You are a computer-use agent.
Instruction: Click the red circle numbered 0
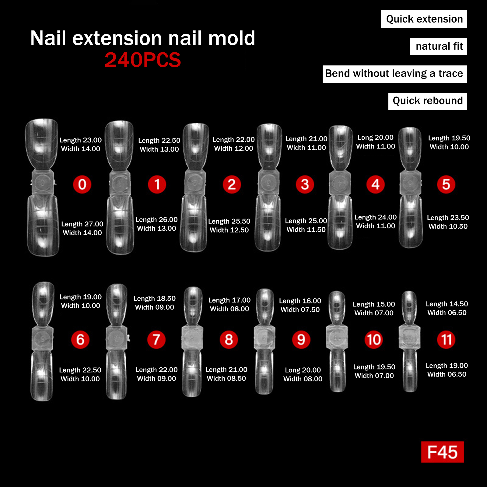[x=82, y=184]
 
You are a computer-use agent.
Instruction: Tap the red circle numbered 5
[x=446, y=184]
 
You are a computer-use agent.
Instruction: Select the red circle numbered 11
[x=446, y=339]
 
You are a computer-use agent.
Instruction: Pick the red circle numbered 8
[x=229, y=339]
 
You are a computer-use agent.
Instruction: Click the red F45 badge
[x=442, y=452]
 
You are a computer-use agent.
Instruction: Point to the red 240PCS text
[x=143, y=60]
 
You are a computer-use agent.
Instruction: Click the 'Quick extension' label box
[x=424, y=19]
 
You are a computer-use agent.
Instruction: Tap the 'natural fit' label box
[x=438, y=46]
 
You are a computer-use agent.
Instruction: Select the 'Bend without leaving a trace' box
[x=395, y=74]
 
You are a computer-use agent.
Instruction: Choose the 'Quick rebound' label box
[x=428, y=101]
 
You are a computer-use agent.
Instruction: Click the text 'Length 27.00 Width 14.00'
[x=82, y=228]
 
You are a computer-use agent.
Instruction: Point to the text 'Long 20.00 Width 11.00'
[x=376, y=142]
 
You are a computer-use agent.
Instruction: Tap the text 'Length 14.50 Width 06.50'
[x=447, y=308]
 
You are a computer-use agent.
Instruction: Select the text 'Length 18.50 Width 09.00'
[x=155, y=303]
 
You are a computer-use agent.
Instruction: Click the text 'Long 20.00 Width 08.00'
[x=303, y=374]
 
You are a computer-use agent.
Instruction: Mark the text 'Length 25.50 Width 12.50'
[x=229, y=226]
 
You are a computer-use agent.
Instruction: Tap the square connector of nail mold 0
[x=43, y=183]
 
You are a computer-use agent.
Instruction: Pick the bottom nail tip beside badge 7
[x=116, y=375]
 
